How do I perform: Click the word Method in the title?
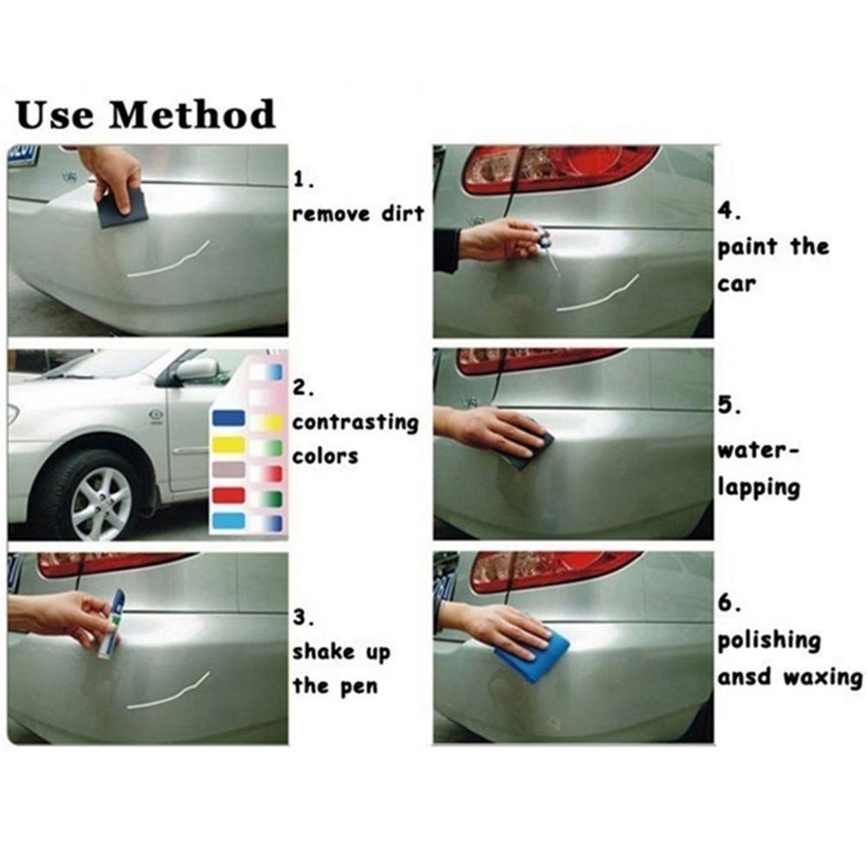(x=192, y=114)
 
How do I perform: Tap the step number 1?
(x=303, y=179)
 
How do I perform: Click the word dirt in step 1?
(x=402, y=213)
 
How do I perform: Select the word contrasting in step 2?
(x=355, y=423)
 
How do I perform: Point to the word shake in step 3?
(x=323, y=652)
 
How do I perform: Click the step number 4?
(x=729, y=212)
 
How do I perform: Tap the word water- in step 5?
(x=758, y=451)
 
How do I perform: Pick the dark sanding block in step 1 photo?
(x=123, y=208)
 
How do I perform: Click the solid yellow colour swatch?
(x=228, y=444)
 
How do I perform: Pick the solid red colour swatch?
(x=228, y=495)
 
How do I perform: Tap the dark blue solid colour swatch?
(x=228, y=418)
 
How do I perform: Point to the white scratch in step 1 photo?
(x=169, y=260)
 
